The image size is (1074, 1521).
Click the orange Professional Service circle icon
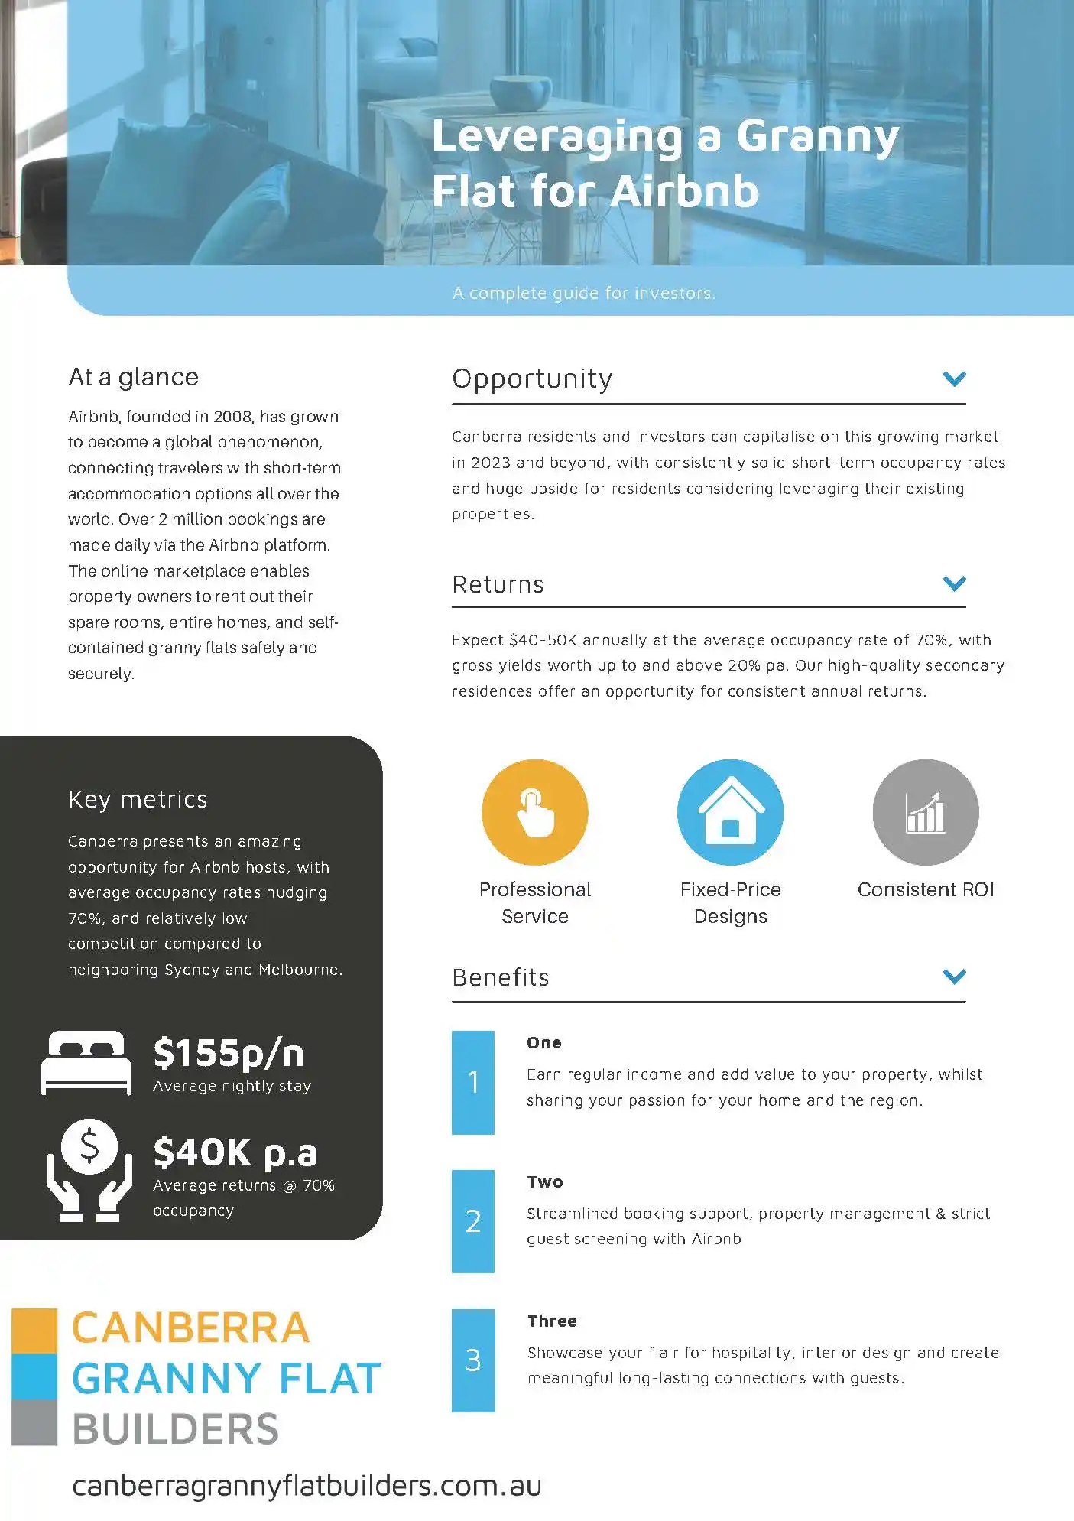pyautogui.click(x=534, y=812)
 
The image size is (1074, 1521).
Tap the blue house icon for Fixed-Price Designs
pyautogui.click(x=730, y=812)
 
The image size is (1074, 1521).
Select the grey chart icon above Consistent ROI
pyautogui.click(x=925, y=812)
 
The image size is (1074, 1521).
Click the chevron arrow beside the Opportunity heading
pyautogui.click(x=954, y=379)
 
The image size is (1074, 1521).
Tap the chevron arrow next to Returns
pyautogui.click(x=954, y=583)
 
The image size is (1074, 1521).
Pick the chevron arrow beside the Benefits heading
pyautogui.click(x=954, y=977)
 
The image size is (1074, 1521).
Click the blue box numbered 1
pyautogui.click(x=473, y=1082)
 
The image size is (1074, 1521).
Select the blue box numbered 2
pyautogui.click(x=473, y=1221)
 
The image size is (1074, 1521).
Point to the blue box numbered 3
pyautogui.click(x=473, y=1360)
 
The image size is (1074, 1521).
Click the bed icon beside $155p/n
pyautogui.click(x=86, y=1062)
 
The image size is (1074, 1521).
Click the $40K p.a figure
pyautogui.click(x=235, y=1152)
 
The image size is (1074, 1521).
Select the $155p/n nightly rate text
pyautogui.click(x=229, y=1053)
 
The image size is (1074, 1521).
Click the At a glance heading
pyautogui.click(x=133, y=377)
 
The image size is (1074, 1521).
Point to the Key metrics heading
pyautogui.click(x=138, y=799)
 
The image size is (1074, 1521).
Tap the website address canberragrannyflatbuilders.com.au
pyautogui.click(x=307, y=1485)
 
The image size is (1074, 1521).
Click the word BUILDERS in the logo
pyautogui.click(x=176, y=1428)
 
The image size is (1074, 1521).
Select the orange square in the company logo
pyautogui.click(x=34, y=1331)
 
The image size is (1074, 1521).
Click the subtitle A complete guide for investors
pyautogui.click(x=584, y=293)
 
